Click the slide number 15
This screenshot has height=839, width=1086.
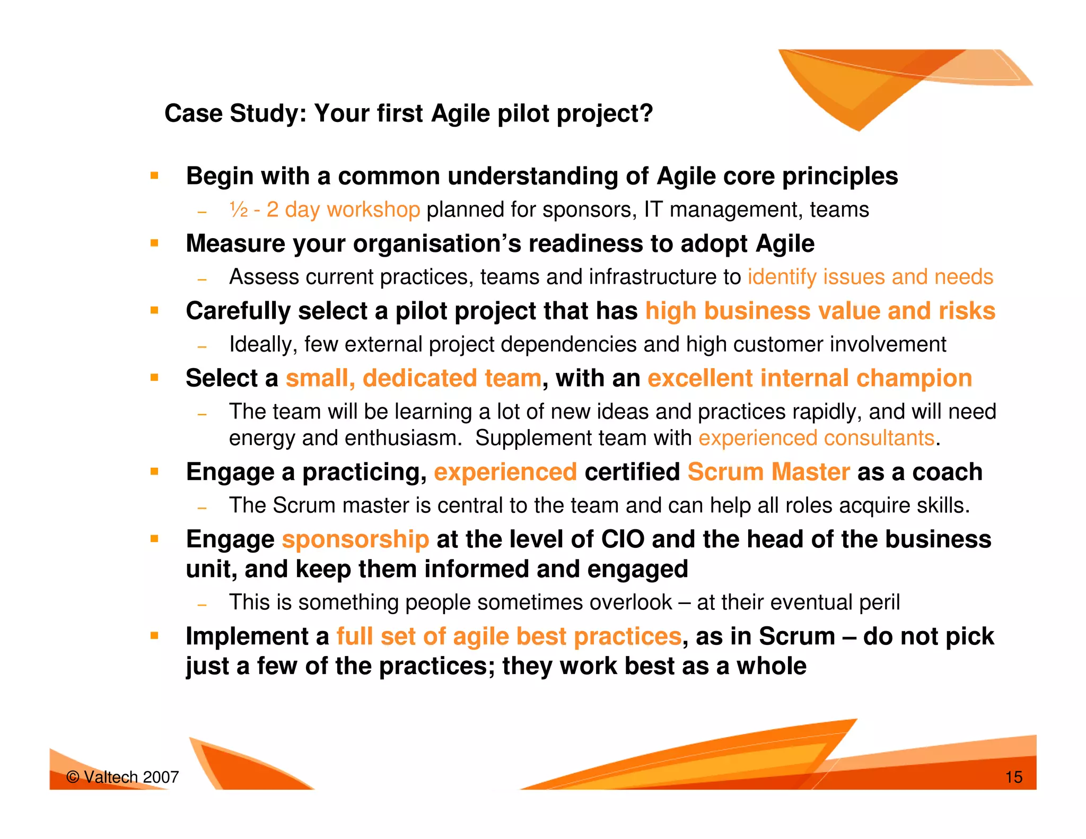coord(1013,777)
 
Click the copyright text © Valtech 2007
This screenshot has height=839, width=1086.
coord(122,777)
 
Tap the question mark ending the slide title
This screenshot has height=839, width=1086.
coord(646,113)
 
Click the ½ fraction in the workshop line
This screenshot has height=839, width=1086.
coord(239,210)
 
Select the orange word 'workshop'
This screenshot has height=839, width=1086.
coord(373,210)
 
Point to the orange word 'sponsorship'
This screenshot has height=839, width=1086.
coord(355,539)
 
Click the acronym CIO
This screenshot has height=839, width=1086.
coord(623,539)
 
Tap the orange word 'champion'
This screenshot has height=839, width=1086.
coord(914,378)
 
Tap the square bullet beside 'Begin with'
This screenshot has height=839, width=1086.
coord(154,176)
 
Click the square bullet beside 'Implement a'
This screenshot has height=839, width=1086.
coord(154,635)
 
